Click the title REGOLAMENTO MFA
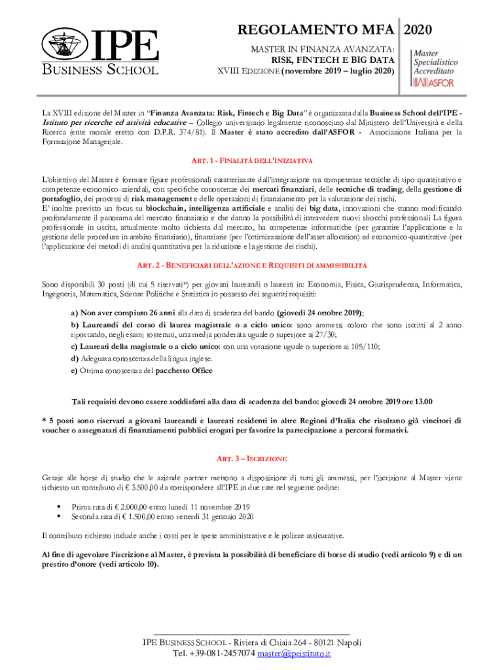(316, 29)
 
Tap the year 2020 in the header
(418, 29)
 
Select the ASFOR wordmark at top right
(438, 82)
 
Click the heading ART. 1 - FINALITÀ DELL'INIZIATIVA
(252, 160)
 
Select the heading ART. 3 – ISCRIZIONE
(252, 458)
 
